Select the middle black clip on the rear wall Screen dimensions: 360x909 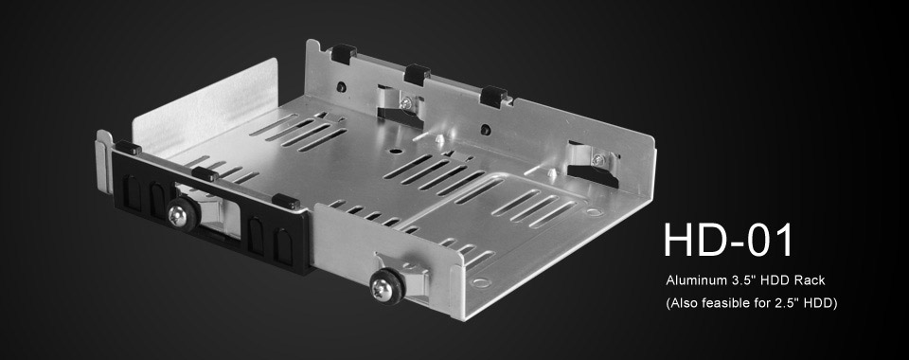415,72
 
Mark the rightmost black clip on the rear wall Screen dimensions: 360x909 492,94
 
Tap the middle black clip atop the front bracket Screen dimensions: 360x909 203,173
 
